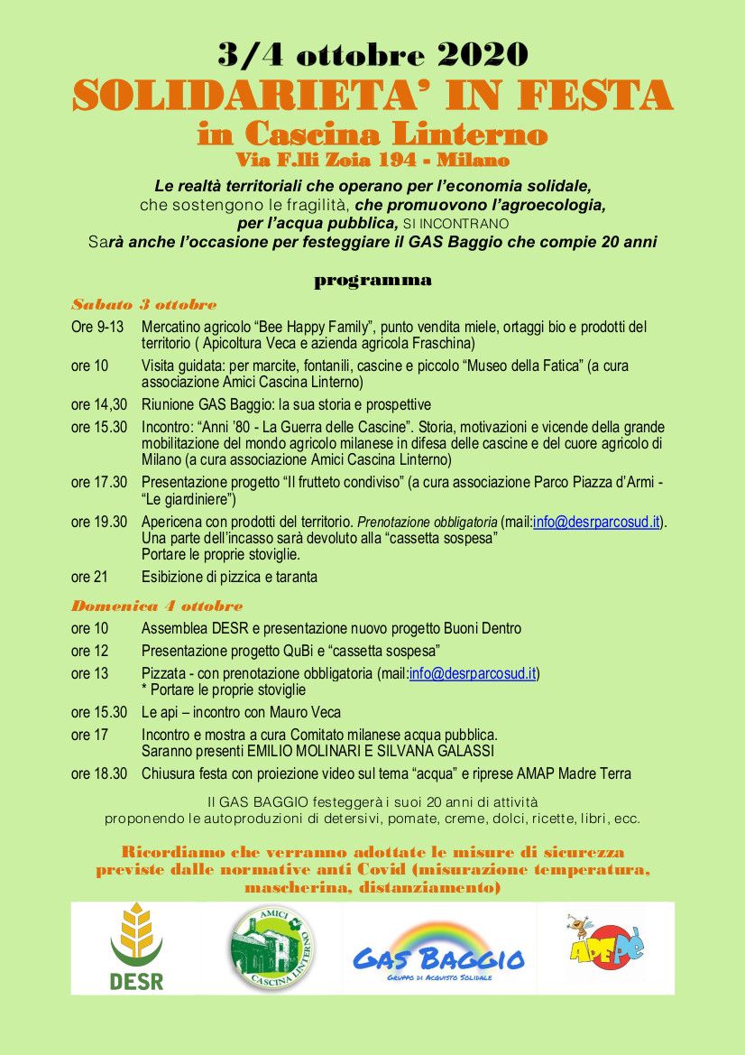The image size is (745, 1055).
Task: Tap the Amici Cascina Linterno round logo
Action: [x=271, y=949]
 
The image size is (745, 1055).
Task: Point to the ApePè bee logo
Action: [x=606, y=941]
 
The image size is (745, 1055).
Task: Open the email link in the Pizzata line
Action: [x=474, y=673]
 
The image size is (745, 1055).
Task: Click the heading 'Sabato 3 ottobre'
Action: [x=144, y=304]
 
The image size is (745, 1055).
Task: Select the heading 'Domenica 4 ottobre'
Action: [x=157, y=606]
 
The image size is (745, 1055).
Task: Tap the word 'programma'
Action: [x=372, y=280]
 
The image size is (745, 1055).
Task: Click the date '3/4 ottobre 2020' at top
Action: [x=372, y=55]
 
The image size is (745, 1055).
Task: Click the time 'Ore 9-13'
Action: [x=97, y=327]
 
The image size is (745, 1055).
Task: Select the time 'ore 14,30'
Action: [x=99, y=405]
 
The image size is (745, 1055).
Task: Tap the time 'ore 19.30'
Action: [x=99, y=522]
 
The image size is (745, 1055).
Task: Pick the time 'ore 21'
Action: [x=88, y=577]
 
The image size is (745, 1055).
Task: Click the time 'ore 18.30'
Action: [x=99, y=773]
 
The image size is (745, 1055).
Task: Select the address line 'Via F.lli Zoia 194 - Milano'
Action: [x=372, y=161]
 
